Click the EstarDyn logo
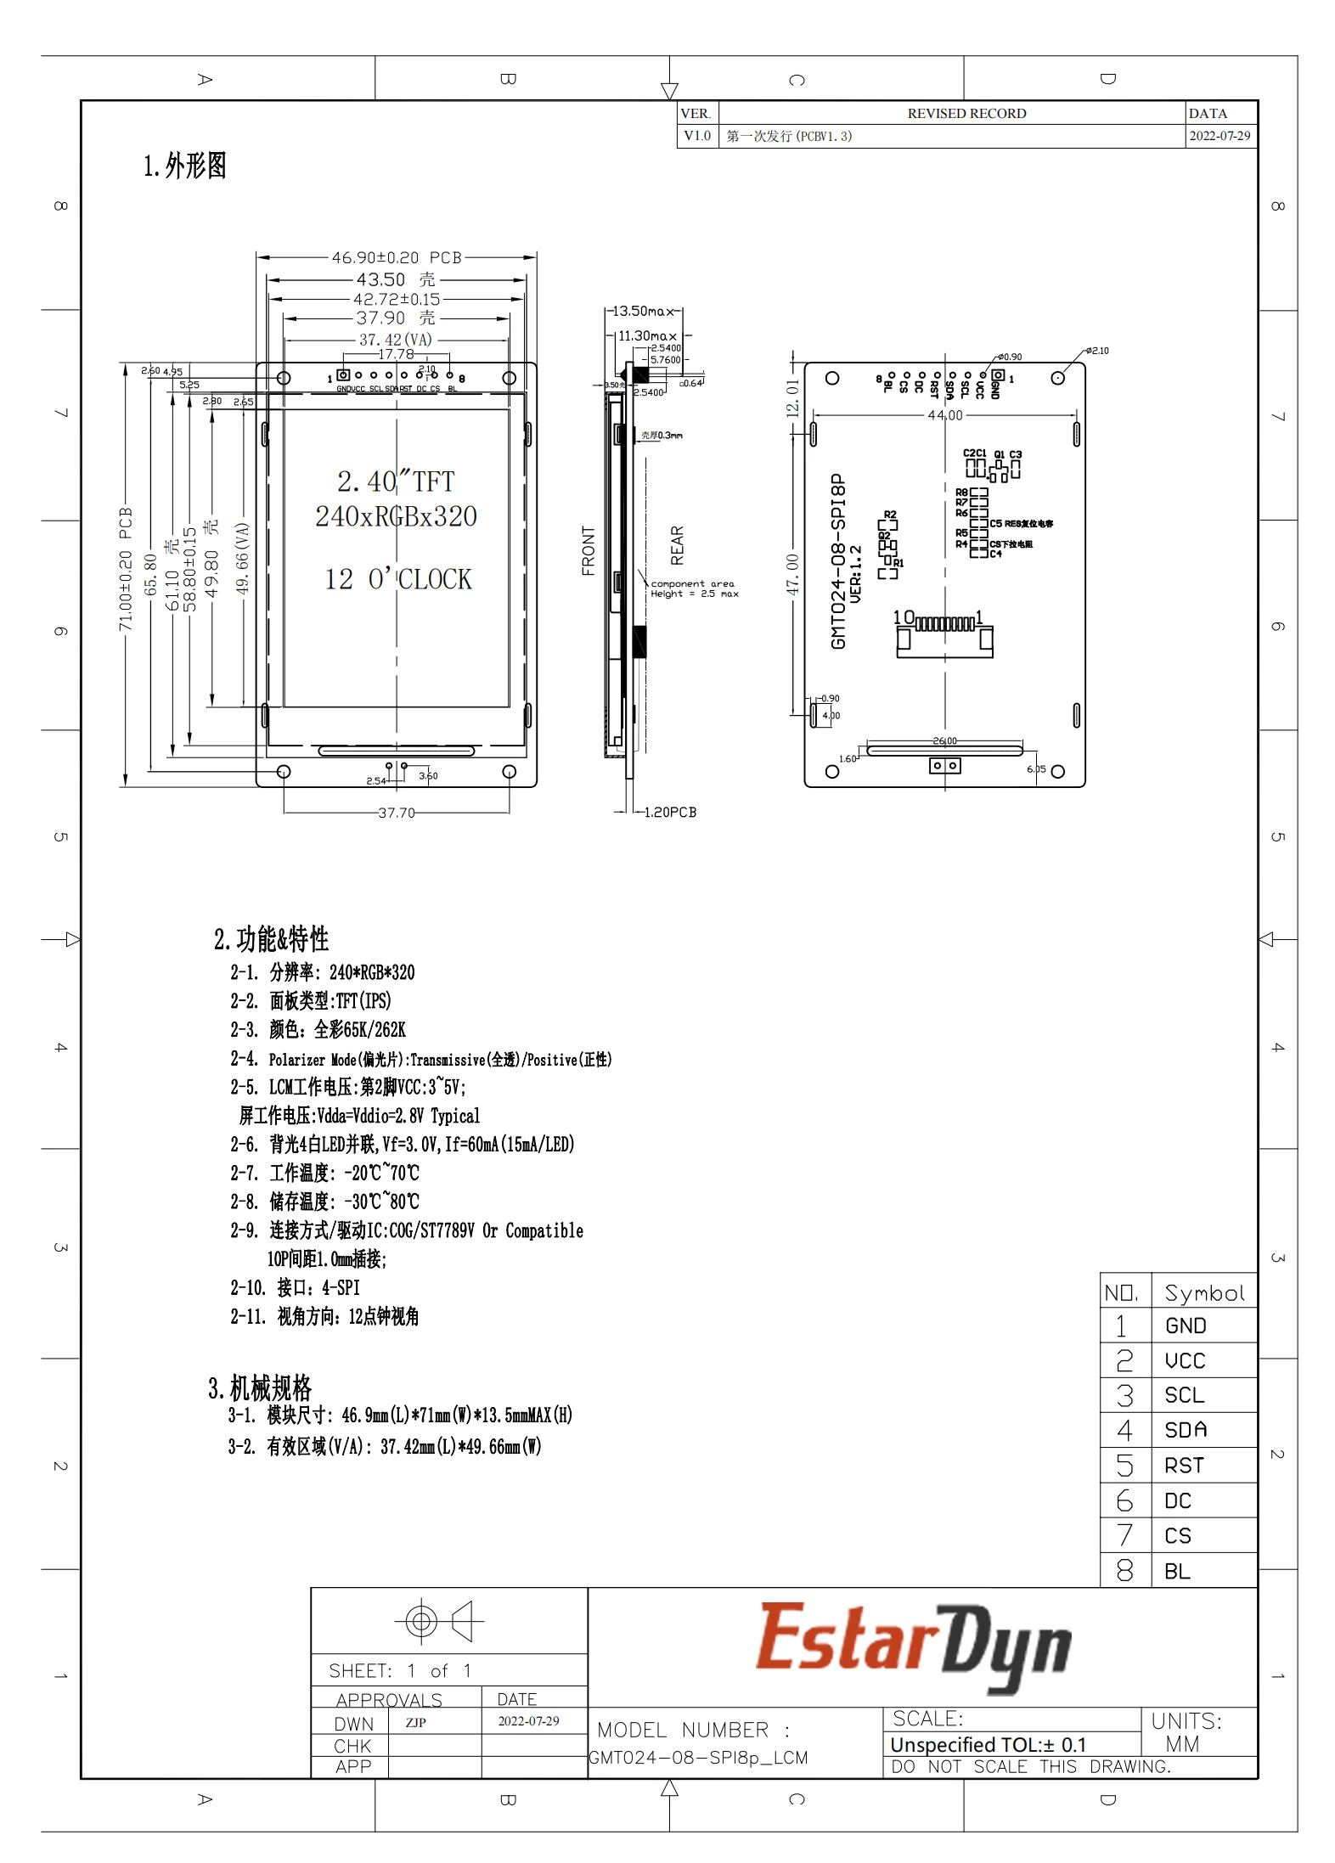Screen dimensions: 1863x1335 (912, 1645)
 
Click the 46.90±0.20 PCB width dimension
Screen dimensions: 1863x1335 (397, 257)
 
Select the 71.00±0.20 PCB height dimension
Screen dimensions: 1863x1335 (126, 569)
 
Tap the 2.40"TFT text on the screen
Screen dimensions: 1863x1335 (396, 481)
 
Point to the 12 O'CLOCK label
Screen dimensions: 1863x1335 (397, 579)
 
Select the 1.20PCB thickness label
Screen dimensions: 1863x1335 (669, 812)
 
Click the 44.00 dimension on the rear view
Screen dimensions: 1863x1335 (944, 415)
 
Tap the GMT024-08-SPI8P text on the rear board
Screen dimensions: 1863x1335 (838, 561)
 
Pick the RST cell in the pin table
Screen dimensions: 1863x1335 (1184, 1466)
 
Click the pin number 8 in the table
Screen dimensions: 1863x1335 (1124, 1571)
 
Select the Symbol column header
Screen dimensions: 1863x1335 (1203, 1293)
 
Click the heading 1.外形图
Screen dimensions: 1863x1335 (184, 166)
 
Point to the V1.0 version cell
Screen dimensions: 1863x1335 (697, 136)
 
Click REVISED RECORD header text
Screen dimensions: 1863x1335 (966, 114)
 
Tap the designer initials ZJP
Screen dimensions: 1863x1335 (415, 1722)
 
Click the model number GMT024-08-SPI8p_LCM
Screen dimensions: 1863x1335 (698, 1758)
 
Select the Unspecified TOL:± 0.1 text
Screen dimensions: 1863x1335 (988, 1745)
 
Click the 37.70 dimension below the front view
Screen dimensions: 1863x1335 (397, 813)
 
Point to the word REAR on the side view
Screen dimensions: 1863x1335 (677, 545)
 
